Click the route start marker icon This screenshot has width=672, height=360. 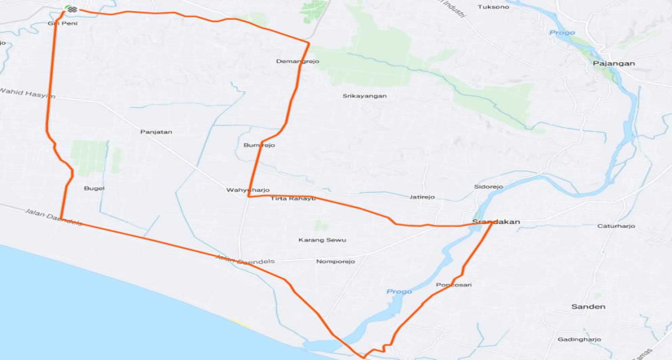pyautogui.click(x=70, y=10)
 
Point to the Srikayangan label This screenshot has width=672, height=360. pyautogui.click(x=365, y=96)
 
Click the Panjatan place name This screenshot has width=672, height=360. pyautogui.click(x=156, y=132)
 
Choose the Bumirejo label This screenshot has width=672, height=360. pyautogui.click(x=259, y=146)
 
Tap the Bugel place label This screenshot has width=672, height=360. pyautogui.click(x=94, y=189)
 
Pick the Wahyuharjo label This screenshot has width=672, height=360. pyautogui.click(x=248, y=190)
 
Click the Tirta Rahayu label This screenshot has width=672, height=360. pyautogui.click(x=294, y=198)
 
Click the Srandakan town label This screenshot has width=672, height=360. pyautogui.click(x=496, y=222)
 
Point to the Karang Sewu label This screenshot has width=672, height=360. pyautogui.click(x=322, y=240)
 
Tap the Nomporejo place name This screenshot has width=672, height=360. pyautogui.click(x=335, y=262)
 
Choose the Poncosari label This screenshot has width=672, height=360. pyautogui.click(x=454, y=286)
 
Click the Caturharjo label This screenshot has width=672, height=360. pyautogui.click(x=616, y=226)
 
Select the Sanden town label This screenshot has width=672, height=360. pyautogui.click(x=588, y=307)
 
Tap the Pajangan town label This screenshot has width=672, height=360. pyautogui.click(x=613, y=62)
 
